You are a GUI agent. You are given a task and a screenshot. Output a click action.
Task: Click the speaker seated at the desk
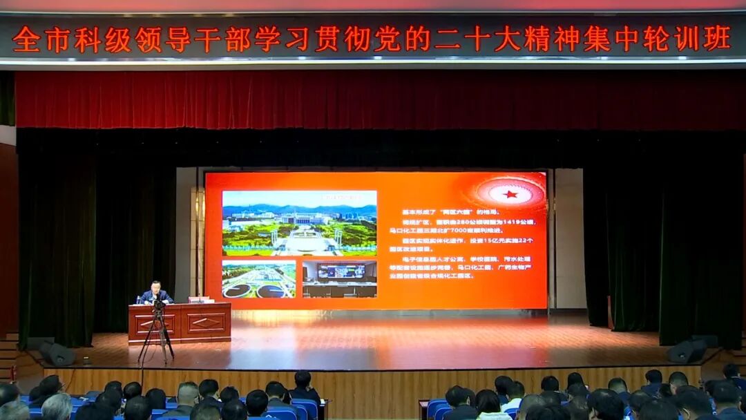click(x=155, y=293)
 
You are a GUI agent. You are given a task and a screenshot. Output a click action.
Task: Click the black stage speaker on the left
click(x=57, y=354)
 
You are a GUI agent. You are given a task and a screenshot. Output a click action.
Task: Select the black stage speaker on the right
click(x=686, y=352)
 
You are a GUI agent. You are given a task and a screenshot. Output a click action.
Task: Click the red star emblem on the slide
click(x=510, y=194)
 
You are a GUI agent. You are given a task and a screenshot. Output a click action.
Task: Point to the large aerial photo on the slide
click(x=299, y=223)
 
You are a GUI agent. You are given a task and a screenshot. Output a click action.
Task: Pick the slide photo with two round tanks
click(x=258, y=280)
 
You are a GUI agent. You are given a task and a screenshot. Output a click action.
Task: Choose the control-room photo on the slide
click(x=339, y=279)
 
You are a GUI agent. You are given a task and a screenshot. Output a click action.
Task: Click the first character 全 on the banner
click(x=26, y=39)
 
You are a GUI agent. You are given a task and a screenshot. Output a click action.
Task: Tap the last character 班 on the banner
click(x=717, y=39)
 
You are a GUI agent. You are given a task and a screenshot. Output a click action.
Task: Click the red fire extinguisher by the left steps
click(x=12, y=373)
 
